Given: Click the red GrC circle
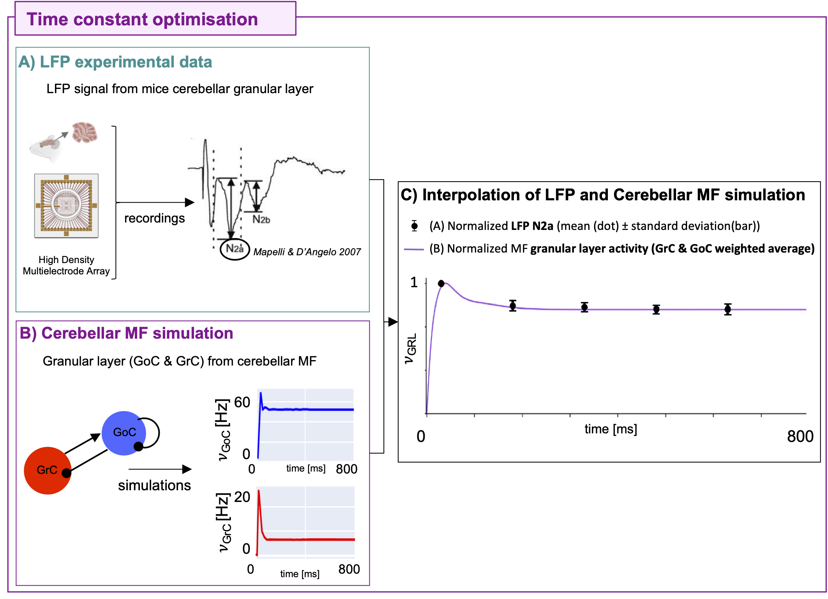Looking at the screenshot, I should coord(47,470).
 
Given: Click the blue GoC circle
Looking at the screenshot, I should coord(124,433).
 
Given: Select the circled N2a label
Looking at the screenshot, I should coord(235,249).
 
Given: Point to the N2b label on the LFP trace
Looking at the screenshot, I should coord(261,220).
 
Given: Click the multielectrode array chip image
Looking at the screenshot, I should coord(66,205).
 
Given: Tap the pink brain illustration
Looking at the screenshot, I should coord(85,133).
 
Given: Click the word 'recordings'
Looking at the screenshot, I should coord(154,218).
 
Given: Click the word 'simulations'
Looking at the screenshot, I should coord(154,486).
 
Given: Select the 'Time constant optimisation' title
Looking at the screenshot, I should coord(142,19).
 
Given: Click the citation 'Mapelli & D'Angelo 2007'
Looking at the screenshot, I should coord(307,252).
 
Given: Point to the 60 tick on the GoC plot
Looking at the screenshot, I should coord(242,402).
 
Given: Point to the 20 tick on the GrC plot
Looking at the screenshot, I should coord(242,497).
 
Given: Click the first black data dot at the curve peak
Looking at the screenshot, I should coord(441,284).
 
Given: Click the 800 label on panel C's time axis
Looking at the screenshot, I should coord(800,436).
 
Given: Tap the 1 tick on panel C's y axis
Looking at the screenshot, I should coord(414,282).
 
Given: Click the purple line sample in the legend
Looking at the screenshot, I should coord(414,249).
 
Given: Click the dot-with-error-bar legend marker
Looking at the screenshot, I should coord(415,226).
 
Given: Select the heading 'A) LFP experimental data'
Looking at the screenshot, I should coord(115,62).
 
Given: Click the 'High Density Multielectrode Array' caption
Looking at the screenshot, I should coord(66,265).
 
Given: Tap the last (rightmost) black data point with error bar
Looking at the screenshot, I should coord(727,309).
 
